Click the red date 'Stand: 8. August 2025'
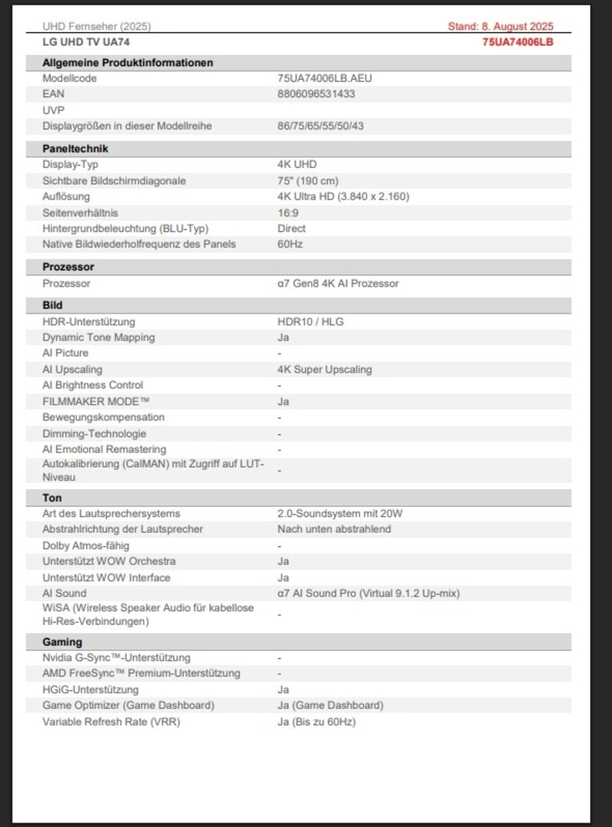[500, 27]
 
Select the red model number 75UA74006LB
[517, 42]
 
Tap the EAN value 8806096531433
[316, 94]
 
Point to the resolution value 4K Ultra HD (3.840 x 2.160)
[343, 196]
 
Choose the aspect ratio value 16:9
[288, 213]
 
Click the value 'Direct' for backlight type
[291, 228]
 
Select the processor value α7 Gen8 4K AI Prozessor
[337, 283]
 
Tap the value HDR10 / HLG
[310, 321]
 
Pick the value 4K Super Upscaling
[324, 370]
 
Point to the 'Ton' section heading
[52, 498]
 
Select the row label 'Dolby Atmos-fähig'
[86, 545]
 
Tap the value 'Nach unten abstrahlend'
[334, 529]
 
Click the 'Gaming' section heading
[62, 642]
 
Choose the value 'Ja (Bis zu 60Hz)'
[316, 722]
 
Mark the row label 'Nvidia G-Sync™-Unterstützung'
[116, 658]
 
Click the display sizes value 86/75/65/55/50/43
[324, 126]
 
